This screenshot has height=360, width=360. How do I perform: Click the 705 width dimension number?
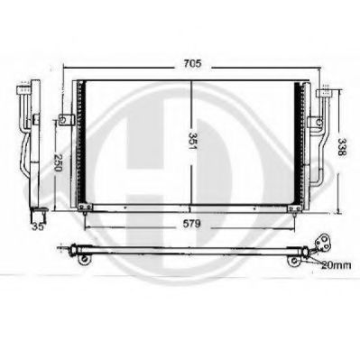click(192, 63)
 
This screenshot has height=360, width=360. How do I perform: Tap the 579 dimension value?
click(191, 224)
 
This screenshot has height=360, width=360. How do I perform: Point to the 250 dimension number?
click(58, 162)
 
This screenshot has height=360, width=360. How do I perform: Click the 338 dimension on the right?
click(342, 147)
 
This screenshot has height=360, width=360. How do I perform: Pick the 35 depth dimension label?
click(38, 226)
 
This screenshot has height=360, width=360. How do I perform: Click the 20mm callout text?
click(336, 265)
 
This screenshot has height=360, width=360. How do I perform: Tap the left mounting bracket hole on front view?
click(63, 120)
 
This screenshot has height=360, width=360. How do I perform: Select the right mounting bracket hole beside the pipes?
click(319, 123)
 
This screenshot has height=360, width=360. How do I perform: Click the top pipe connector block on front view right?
click(324, 93)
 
